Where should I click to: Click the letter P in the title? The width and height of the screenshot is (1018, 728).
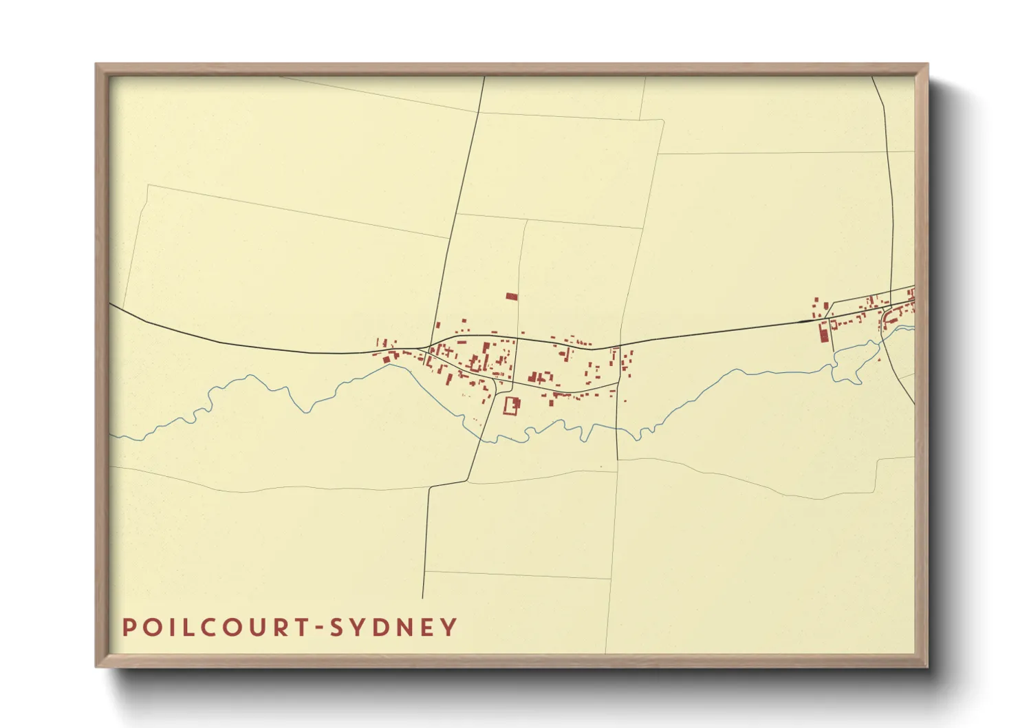point(129,628)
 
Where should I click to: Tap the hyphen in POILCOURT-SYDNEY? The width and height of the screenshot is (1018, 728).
point(318,628)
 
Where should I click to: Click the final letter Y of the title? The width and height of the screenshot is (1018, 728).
point(448,628)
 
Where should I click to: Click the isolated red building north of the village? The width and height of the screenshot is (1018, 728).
point(511,297)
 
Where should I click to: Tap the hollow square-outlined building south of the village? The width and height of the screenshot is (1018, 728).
point(511,405)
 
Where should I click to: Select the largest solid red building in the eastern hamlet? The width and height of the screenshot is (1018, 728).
point(822,332)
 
